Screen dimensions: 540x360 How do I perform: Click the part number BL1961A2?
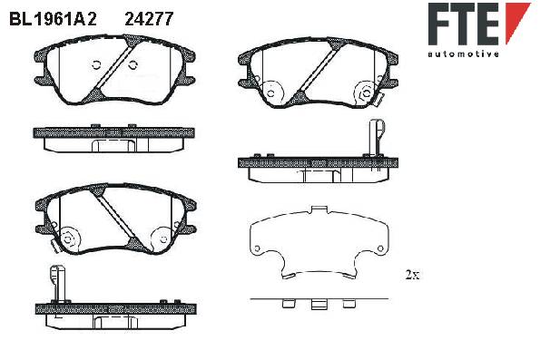[53, 19]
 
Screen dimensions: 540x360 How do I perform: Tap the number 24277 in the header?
[149, 19]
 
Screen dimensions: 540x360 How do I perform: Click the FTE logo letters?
[464, 24]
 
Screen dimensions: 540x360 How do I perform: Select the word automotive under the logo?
[463, 54]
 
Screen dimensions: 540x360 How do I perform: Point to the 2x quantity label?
[412, 275]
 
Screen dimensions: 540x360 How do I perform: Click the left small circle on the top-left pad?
[96, 64]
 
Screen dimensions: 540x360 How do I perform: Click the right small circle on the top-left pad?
[133, 64]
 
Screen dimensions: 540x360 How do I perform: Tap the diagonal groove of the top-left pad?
[113, 68]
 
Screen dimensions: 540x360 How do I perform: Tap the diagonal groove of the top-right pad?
[318, 70]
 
